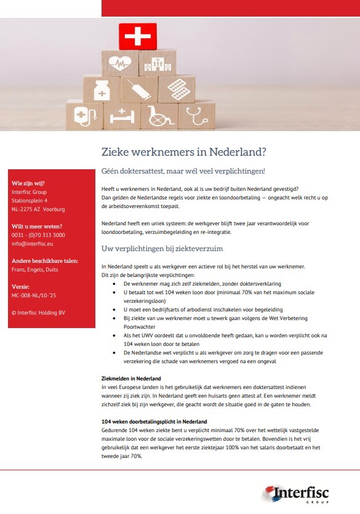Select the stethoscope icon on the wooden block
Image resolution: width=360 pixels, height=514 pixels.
(196, 114)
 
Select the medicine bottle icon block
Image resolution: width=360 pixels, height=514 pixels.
(102, 90)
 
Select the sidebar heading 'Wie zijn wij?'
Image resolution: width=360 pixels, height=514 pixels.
(28, 183)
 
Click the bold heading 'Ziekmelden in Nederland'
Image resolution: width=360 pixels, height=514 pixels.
(131, 377)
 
